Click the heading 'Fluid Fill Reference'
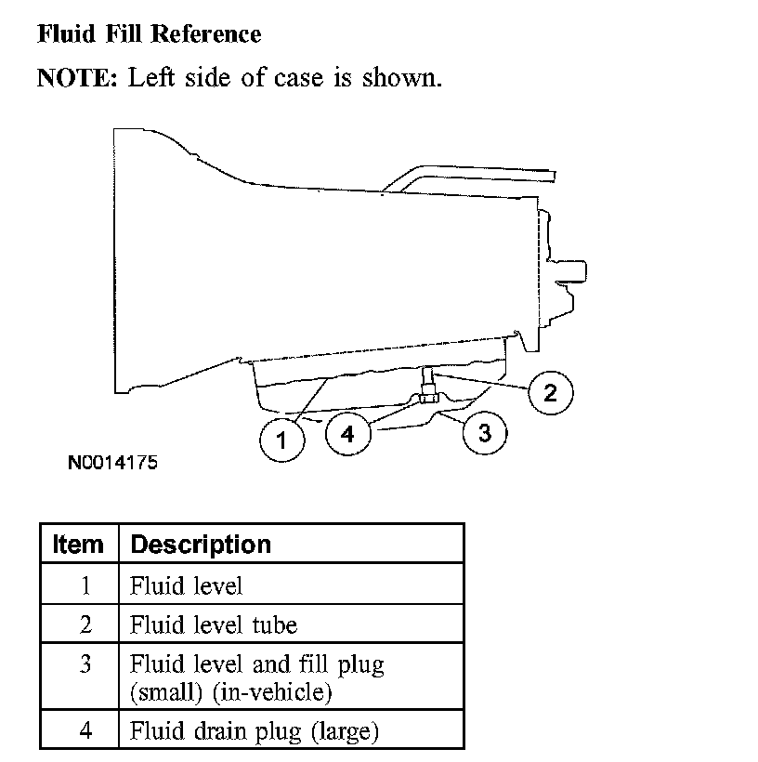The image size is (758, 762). (x=149, y=35)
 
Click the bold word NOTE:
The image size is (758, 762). (x=77, y=77)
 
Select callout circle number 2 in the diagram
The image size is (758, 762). (x=550, y=393)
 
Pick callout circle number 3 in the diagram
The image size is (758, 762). (x=483, y=432)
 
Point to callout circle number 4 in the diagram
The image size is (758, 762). (x=347, y=434)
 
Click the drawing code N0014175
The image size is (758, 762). (x=111, y=462)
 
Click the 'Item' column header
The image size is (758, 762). (x=79, y=545)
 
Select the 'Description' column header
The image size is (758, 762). (x=201, y=545)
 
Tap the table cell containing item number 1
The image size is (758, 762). (x=85, y=585)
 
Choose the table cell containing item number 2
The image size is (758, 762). (x=85, y=624)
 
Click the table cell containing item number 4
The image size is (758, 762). (x=85, y=731)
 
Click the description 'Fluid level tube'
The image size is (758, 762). (x=214, y=624)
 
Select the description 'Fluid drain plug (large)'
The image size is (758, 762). (x=255, y=731)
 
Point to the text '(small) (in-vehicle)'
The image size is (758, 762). (x=231, y=692)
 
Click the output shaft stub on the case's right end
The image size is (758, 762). (x=572, y=271)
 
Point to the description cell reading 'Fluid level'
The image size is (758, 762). (x=187, y=585)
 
